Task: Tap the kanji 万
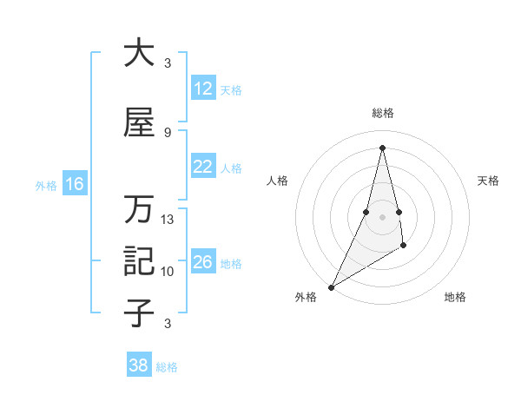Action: pos(139,209)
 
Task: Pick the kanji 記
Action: pos(139,260)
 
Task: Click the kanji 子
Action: pos(139,313)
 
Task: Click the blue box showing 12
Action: pos(202,89)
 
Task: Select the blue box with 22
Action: pos(202,168)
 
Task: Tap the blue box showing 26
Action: pos(202,263)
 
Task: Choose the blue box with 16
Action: pos(74,184)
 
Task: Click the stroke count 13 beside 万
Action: pos(168,220)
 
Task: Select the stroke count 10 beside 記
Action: pos(168,272)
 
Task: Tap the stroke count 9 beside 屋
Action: pos(168,132)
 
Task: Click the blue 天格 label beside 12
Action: pos(231,90)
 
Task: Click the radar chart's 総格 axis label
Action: pos(382,113)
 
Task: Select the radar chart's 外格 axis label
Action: pos(306,298)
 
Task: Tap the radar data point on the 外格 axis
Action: pos(331,286)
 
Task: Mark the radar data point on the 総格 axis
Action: pos(382,148)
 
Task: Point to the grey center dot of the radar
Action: pos(382,217)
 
